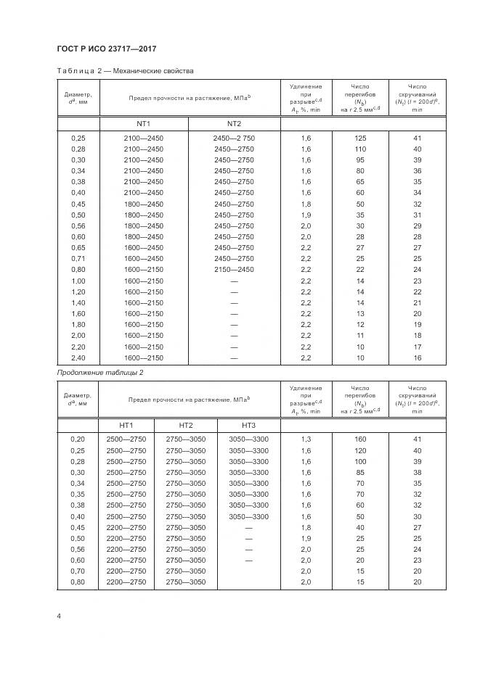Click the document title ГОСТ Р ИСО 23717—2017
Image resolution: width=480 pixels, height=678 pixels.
tap(107, 49)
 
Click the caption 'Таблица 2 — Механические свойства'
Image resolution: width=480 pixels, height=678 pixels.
tap(125, 71)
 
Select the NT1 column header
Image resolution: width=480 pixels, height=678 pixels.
tap(143, 123)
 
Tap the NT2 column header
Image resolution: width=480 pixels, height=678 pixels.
tap(234, 123)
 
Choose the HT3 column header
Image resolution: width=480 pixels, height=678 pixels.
tap(248, 424)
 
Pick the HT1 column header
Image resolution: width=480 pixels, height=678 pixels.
tap(126, 424)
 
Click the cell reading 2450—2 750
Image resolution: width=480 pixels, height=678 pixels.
tap(234, 138)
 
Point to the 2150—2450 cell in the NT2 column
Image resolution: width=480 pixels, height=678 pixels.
tap(234, 269)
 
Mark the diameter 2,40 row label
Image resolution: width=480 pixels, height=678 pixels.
tap(78, 357)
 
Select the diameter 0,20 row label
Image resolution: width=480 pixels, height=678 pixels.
tap(78, 439)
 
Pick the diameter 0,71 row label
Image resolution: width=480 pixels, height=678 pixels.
tap(78, 258)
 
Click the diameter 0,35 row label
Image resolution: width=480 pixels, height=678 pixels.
tap(78, 494)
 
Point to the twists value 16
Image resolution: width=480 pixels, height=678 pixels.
tap(417, 357)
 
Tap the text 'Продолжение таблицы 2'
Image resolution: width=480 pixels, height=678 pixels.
tap(100, 372)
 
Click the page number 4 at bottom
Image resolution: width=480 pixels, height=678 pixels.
tap(58, 616)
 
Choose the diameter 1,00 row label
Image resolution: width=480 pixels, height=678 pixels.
tap(78, 281)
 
